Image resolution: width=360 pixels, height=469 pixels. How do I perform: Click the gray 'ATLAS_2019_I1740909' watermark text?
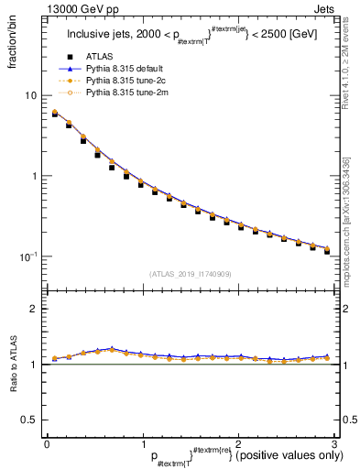(190, 274)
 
